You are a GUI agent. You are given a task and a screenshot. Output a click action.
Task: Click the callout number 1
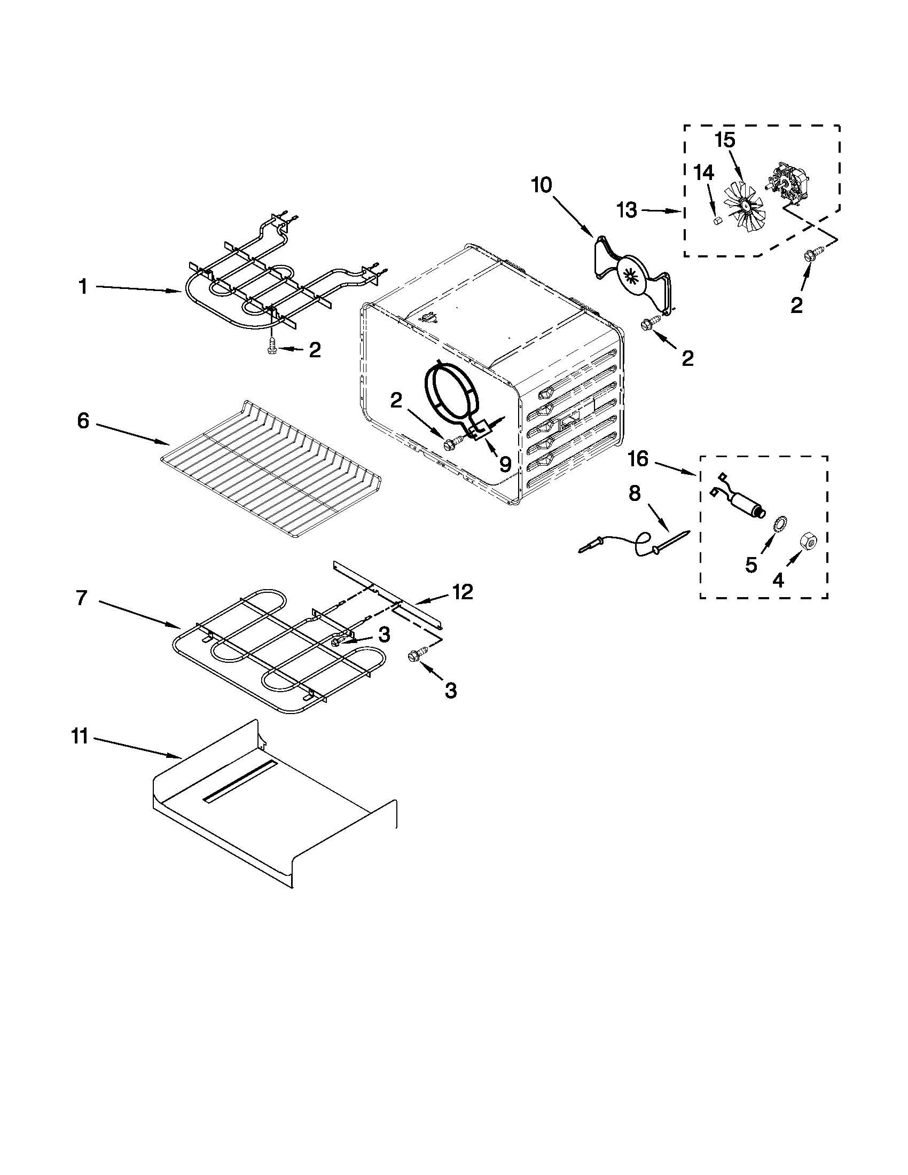click(83, 287)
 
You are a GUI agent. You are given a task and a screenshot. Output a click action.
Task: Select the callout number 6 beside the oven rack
click(83, 421)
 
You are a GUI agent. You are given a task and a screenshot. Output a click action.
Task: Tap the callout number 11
click(80, 737)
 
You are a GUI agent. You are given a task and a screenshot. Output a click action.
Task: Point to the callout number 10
click(541, 185)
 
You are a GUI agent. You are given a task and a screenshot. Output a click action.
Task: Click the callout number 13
click(627, 210)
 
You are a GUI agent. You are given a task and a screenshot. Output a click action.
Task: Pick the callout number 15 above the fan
click(725, 140)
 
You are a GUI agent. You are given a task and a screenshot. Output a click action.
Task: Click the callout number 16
click(639, 459)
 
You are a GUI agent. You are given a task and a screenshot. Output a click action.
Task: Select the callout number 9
click(505, 463)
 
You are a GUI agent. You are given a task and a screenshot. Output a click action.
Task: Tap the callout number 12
click(463, 592)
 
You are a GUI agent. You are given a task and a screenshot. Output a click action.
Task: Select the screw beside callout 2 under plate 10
click(647, 324)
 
